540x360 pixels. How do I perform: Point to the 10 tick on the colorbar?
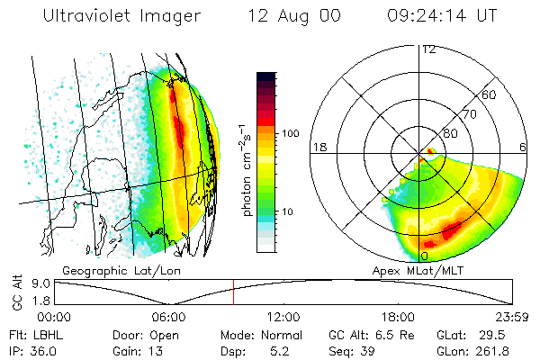(x=289, y=211)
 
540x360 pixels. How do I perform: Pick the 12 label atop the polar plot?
(x=429, y=49)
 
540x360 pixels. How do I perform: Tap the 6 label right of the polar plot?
(x=524, y=147)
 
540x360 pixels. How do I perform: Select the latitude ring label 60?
(x=490, y=94)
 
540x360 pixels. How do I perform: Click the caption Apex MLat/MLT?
(x=409, y=270)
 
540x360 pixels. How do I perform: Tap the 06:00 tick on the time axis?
(x=168, y=316)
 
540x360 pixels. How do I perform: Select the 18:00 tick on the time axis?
(x=398, y=316)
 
